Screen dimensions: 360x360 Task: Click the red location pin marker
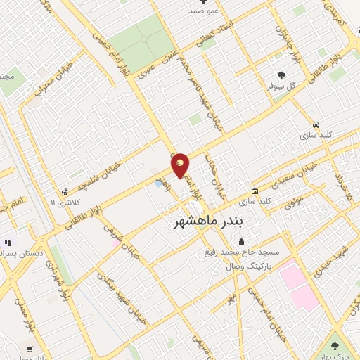(181, 166)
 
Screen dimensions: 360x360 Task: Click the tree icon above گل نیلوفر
(282, 75)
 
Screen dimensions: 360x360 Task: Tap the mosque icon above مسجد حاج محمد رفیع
(242, 242)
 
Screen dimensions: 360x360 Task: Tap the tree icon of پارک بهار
(335, 346)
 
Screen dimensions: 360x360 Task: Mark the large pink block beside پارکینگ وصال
(300, 285)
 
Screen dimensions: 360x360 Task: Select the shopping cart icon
(29, 348)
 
